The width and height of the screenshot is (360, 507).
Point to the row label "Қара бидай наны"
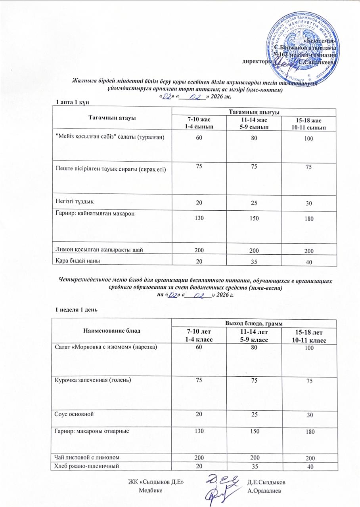click(77, 260)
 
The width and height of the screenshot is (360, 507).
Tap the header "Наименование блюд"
click(113, 330)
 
